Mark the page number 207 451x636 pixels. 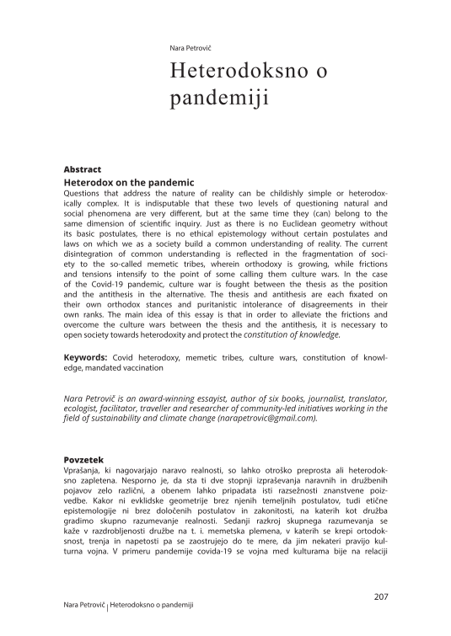pos(379,598)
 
